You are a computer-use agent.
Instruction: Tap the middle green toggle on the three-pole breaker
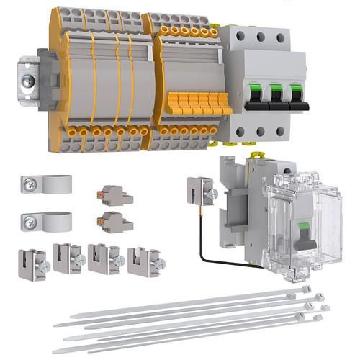(x=276, y=94)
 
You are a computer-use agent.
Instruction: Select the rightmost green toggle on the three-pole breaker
(x=296, y=94)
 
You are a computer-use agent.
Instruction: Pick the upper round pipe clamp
(x=47, y=185)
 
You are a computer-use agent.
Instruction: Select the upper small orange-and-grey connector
(x=114, y=195)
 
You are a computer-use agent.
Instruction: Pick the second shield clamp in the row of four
(x=68, y=258)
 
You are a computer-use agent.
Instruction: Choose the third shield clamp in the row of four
(x=104, y=258)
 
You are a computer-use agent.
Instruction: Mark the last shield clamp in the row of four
(x=144, y=261)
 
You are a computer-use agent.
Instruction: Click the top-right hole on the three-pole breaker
(x=298, y=37)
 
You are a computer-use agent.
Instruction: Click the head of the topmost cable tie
(x=306, y=289)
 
